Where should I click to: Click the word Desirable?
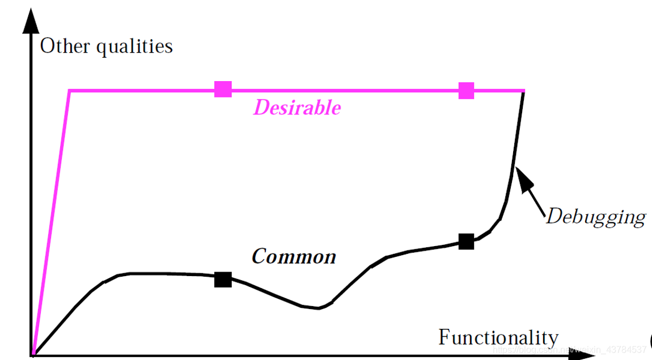297,108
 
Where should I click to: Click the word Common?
294,257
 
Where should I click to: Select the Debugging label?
595,217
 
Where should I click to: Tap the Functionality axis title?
498,337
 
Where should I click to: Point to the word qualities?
134,46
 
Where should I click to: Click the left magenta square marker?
223,90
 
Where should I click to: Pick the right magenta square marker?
466,90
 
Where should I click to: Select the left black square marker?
223,279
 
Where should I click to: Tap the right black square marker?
466,242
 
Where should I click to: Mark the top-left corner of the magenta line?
69,90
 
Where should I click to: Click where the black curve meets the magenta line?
523,91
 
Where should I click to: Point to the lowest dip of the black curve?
319,308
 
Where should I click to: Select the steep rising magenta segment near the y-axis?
51,221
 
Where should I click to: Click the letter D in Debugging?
553,216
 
